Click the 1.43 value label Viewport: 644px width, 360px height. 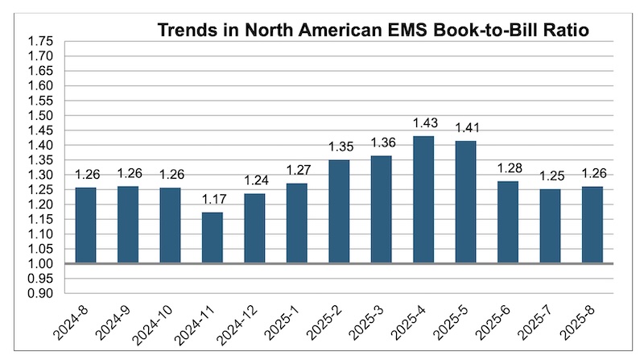tap(423, 122)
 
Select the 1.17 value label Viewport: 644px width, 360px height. tap(212, 198)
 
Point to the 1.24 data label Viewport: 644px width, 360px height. tap(254, 180)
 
